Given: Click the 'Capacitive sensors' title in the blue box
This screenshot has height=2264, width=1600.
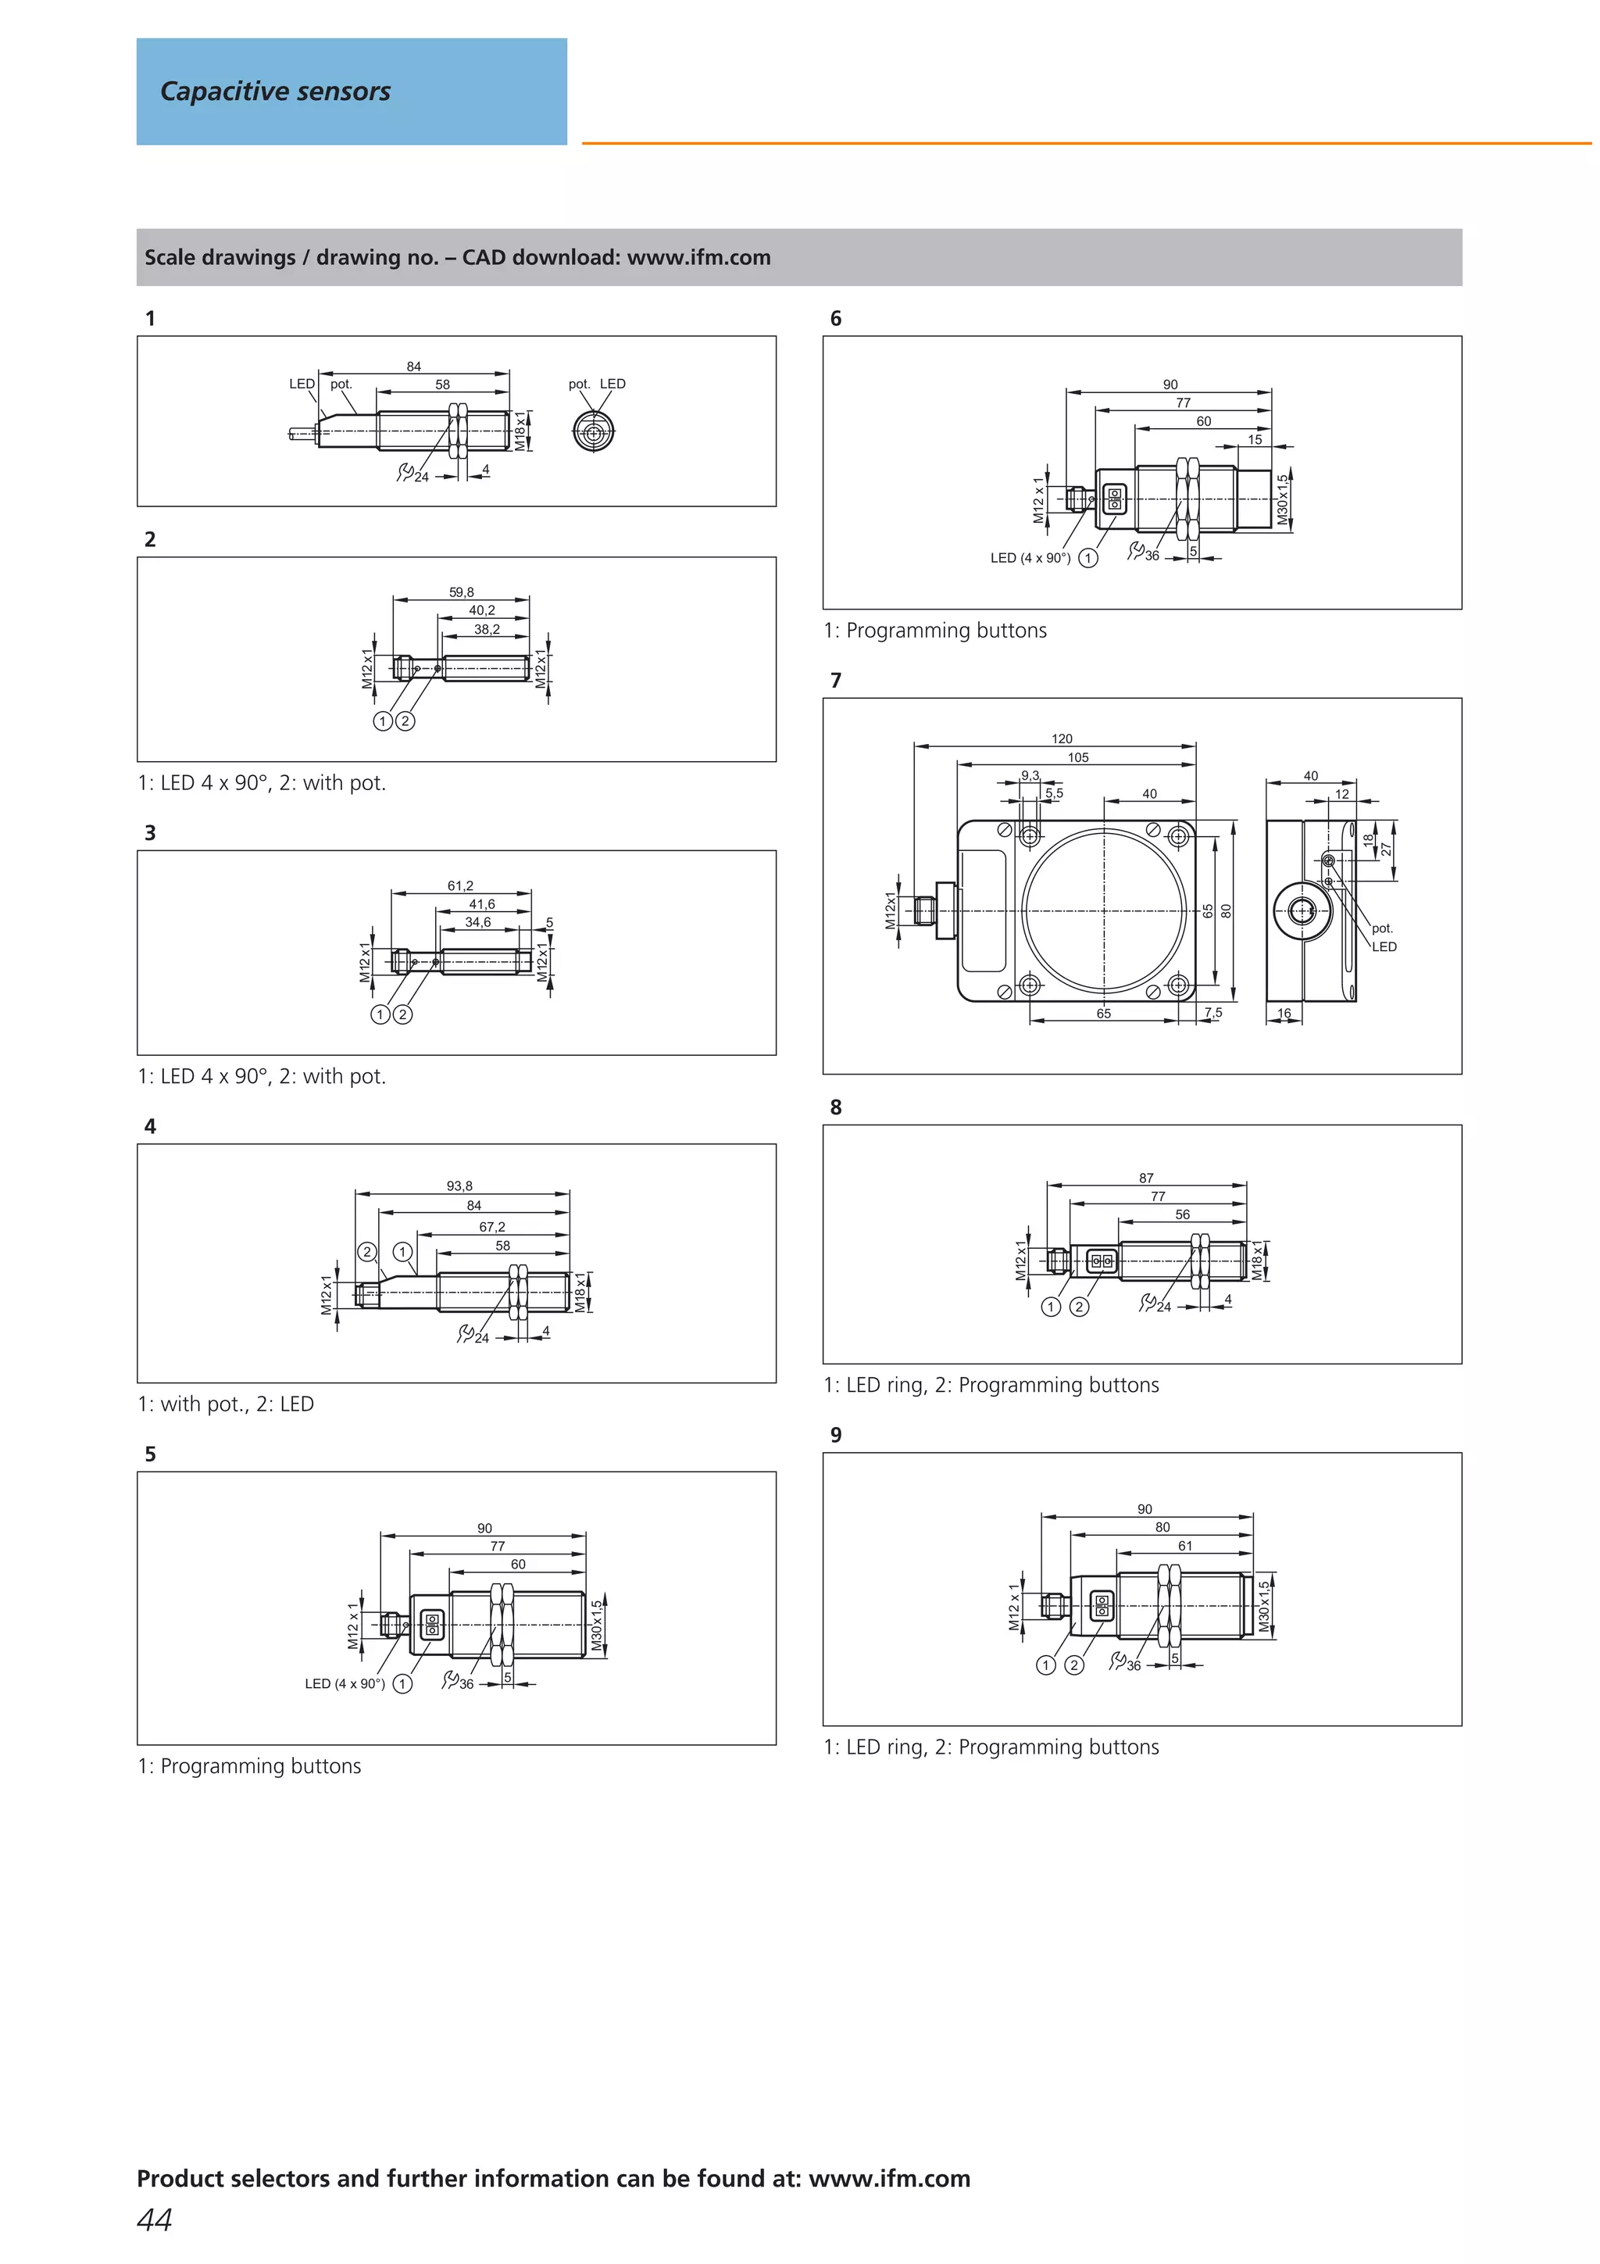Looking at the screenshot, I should click(275, 91).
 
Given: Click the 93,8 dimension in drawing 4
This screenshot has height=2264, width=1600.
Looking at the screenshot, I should click(459, 1186).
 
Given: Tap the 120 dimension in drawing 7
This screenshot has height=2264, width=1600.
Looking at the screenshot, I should click(1062, 739).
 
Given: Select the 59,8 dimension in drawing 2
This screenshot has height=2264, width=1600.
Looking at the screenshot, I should click(462, 592).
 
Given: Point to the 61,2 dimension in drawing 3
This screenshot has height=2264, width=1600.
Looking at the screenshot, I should click(460, 885).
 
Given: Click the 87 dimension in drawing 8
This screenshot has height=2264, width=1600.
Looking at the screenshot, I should click(1145, 1178).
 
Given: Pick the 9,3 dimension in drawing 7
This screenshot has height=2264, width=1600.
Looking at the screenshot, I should click(1029, 776).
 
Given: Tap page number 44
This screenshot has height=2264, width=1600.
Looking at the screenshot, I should click(155, 2219).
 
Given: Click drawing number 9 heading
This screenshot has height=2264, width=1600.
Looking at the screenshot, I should click(836, 1435).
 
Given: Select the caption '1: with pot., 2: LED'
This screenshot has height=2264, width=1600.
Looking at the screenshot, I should click(226, 1404).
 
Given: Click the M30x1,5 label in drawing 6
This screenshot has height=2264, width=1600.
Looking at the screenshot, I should click(1283, 500).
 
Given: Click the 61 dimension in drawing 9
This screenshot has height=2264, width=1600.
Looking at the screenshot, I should click(1185, 1546).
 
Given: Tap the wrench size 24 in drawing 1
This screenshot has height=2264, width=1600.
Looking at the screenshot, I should click(421, 477).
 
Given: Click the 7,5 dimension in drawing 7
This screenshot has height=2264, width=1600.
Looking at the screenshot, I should click(1212, 1013).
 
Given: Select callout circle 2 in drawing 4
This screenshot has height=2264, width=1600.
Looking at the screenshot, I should click(366, 1252).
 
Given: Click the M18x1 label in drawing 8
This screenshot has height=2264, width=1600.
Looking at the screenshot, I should click(1257, 1261).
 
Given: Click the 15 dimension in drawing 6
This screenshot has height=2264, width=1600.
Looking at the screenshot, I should click(1254, 440).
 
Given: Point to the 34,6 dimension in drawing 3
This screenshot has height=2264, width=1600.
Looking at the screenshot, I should click(478, 923).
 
